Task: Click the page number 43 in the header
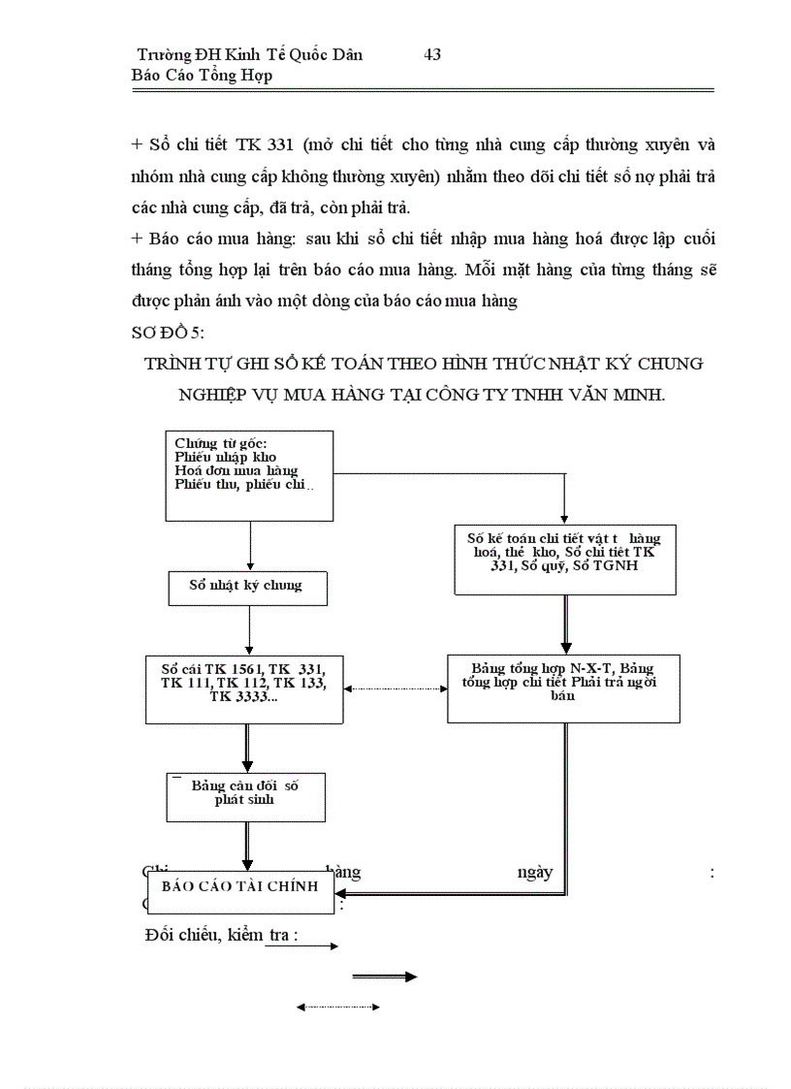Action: point(432,54)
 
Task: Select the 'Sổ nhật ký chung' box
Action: point(249,587)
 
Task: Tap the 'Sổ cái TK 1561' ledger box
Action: point(249,689)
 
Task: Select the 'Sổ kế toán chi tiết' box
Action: point(565,560)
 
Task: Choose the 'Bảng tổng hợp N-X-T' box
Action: point(563,688)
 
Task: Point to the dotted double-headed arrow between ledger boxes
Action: point(395,689)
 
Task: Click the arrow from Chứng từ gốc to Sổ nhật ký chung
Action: point(250,546)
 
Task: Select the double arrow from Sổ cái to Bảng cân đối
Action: point(248,748)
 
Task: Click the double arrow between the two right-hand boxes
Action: point(565,625)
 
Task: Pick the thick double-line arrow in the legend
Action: point(385,977)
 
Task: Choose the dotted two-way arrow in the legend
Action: point(337,1008)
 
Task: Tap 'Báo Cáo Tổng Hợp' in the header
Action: point(203,76)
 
